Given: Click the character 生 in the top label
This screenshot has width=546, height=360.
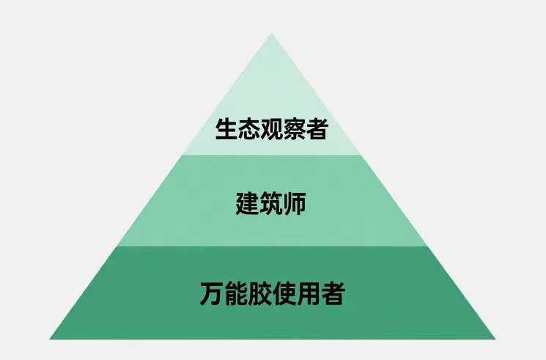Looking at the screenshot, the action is (x=226, y=130).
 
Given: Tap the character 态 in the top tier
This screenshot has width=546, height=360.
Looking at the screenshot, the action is (x=249, y=130).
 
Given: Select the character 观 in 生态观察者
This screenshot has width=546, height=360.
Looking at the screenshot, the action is (x=272, y=130).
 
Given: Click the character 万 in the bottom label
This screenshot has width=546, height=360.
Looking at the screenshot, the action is (x=212, y=294).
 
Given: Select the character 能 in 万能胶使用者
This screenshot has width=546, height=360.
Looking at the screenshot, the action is (x=236, y=294).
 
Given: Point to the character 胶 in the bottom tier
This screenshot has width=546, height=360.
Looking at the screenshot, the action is (x=260, y=294).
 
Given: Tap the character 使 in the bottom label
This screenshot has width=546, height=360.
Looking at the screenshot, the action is (x=284, y=294).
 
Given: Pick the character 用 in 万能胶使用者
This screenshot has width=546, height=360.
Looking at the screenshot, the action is (x=309, y=294).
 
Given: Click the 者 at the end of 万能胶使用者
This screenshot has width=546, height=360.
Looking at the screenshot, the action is (x=333, y=294).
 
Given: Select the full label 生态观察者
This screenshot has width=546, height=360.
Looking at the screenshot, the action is (x=272, y=130).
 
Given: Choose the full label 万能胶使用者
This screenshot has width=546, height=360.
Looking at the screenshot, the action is (x=272, y=294).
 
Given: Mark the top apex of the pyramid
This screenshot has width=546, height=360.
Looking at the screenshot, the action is (x=272, y=33).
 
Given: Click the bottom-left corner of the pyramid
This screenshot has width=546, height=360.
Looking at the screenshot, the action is (x=50, y=339).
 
